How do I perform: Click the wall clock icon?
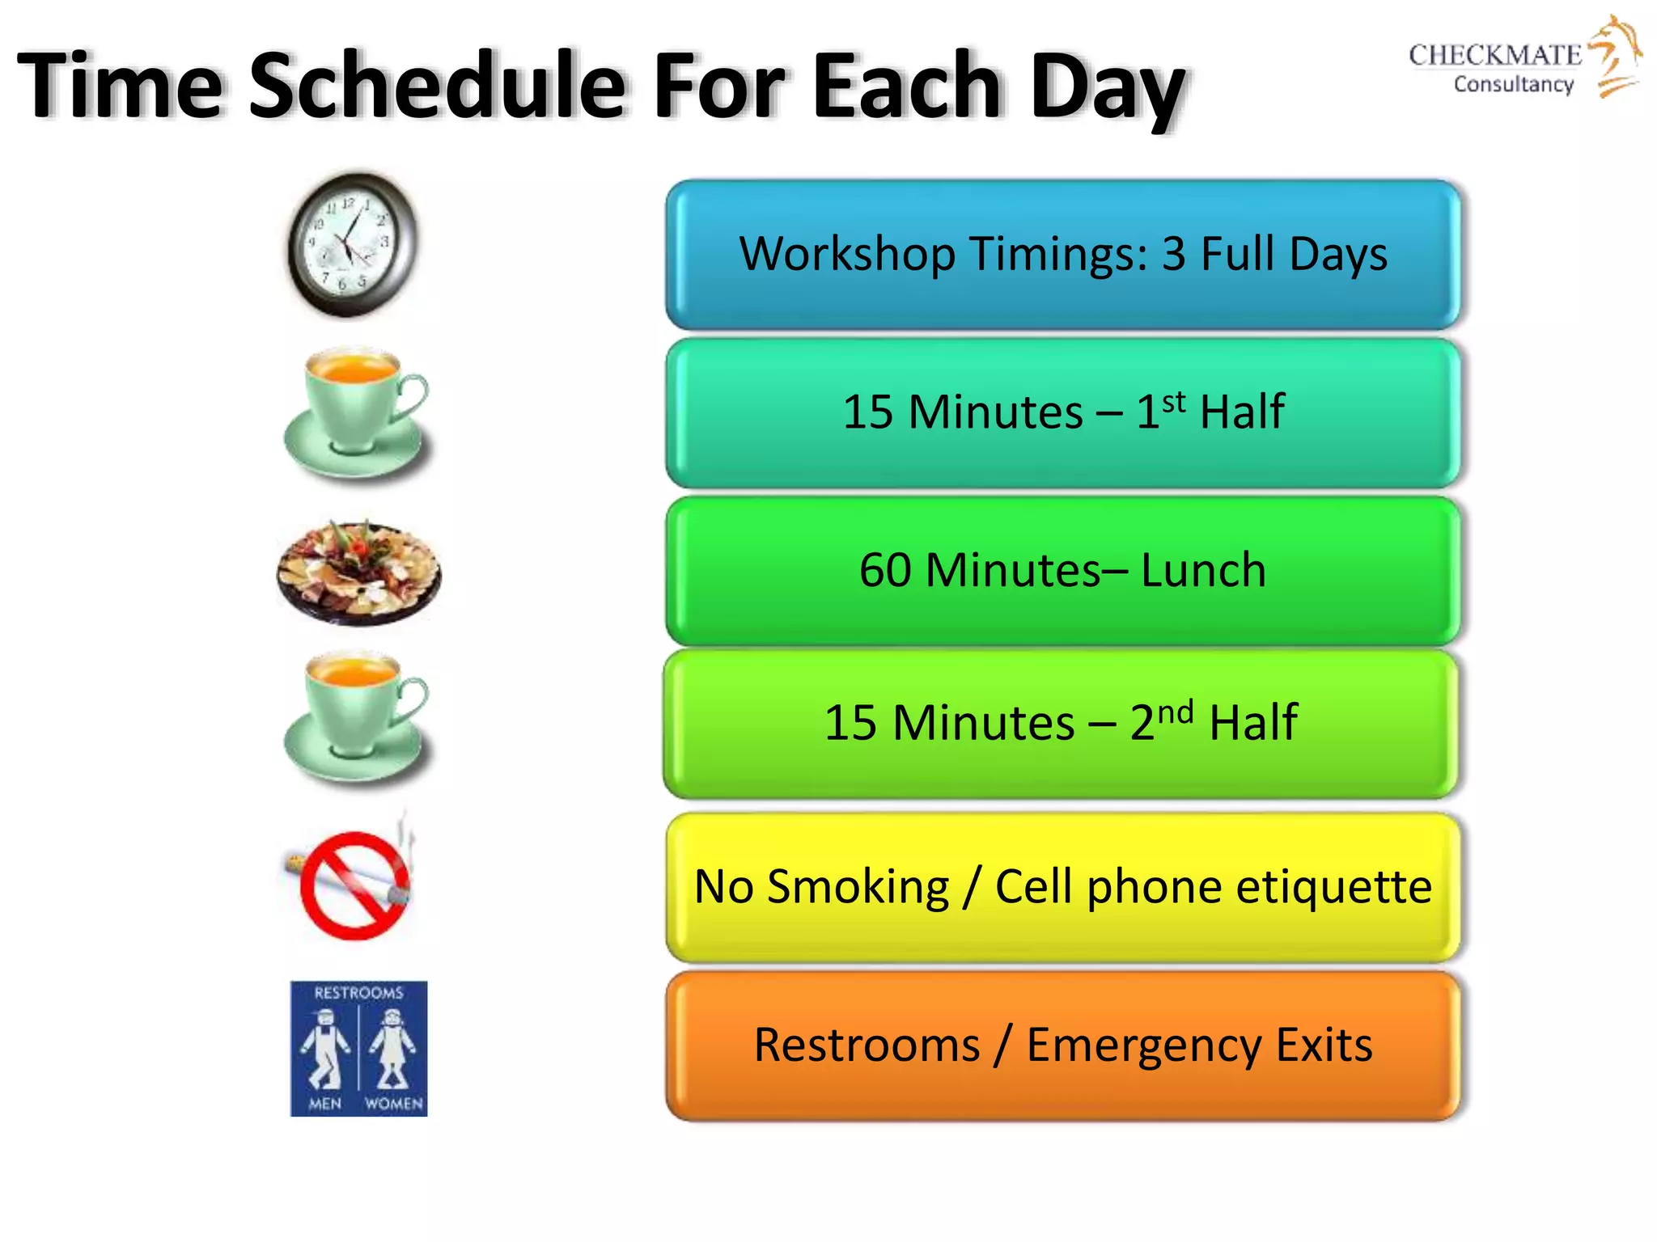tap(354, 243)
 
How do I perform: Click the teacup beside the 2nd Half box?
tap(356, 717)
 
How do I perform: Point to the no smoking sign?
tap(354, 884)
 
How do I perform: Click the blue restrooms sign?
tap(358, 1049)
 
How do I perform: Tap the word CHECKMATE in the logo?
tap(1494, 55)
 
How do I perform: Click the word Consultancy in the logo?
tap(1513, 84)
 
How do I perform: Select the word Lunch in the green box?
tap(1203, 570)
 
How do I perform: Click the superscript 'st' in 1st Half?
tap(1174, 401)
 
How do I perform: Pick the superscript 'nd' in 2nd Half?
tap(1175, 713)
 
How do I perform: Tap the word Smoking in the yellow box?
tap(858, 887)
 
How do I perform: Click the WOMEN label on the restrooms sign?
tap(393, 1104)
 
